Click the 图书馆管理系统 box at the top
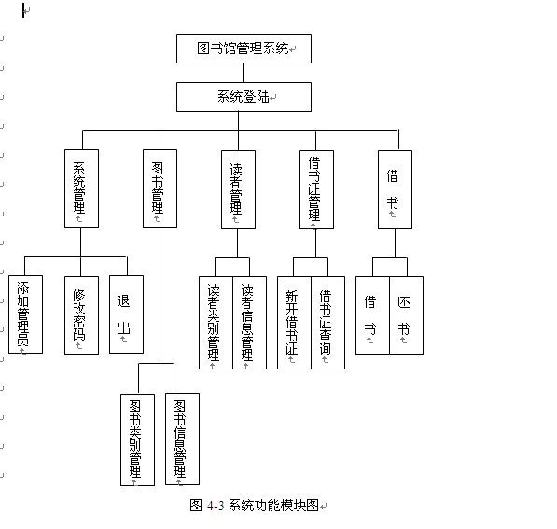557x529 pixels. click(244, 48)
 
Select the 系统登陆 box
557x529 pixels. click(244, 96)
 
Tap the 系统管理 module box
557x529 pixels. click(80, 188)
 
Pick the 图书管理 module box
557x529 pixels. click(159, 188)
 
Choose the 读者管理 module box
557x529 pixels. click(237, 188)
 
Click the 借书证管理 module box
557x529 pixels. click(315, 188)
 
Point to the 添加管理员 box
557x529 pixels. click(24, 313)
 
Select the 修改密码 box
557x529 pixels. click(80, 313)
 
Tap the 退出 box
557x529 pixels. click(125, 313)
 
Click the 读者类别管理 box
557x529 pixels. click(216, 322)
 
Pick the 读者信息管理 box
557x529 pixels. click(249, 322)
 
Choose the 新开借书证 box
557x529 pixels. click(294, 322)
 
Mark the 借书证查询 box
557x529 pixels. click(327, 322)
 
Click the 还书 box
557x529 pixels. click(406, 314)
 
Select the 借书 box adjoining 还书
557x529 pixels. click(372, 314)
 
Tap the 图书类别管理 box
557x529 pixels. click(137, 439)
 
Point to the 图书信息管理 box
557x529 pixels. click(182, 439)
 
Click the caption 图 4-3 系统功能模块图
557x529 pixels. click(254, 505)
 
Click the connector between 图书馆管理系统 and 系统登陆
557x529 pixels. click(244, 73)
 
